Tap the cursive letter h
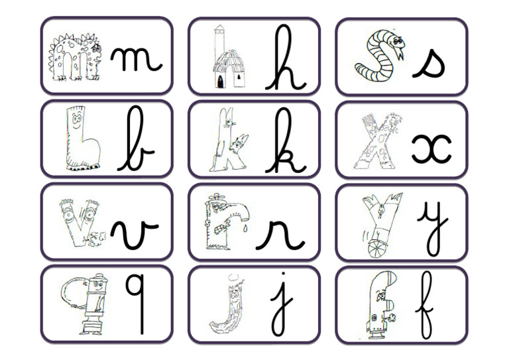286,60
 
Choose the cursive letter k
285,141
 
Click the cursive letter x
431,148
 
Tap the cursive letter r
280,232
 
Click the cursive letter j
282,305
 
